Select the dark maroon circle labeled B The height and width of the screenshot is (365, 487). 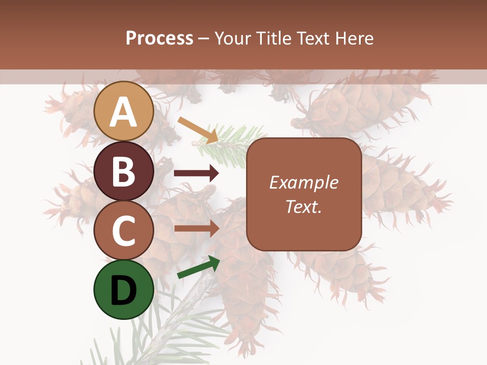click(124, 171)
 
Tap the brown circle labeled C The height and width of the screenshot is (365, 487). click(124, 231)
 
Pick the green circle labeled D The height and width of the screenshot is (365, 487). click(124, 290)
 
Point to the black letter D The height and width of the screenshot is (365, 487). click(124, 290)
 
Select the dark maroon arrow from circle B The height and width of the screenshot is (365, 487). click(196, 173)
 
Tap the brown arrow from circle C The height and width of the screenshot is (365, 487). click(196, 228)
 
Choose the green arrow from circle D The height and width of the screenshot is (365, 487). click(198, 268)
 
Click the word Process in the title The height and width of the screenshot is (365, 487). click(159, 39)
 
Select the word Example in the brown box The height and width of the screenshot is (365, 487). click(304, 182)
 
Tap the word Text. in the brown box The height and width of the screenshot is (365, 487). click(304, 206)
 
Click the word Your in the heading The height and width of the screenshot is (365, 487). click(232, 39)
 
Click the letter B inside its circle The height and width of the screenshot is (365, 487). click(124, 171)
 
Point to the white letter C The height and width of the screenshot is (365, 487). click(124, 231)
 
